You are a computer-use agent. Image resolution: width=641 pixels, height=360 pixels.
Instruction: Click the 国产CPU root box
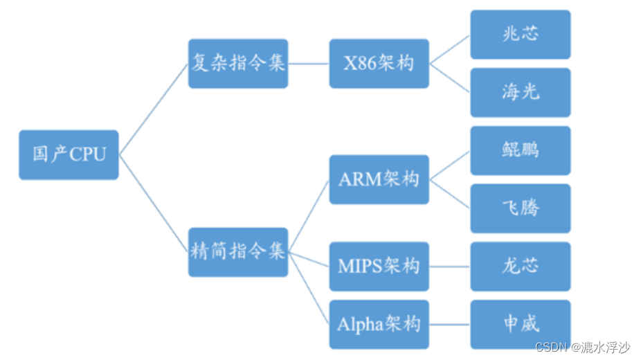[69, 154]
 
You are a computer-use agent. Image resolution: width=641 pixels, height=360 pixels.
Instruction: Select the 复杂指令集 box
[238, 64]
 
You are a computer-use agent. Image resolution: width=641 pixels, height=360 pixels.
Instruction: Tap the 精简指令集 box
[238, 252]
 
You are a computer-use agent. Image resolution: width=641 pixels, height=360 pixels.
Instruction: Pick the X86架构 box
[379, 64]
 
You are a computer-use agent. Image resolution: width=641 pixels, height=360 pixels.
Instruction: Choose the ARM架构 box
[379, 179]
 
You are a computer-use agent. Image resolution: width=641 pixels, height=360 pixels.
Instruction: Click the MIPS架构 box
[379, 266]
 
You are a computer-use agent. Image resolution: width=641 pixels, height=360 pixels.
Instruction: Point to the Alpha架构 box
[379, 324]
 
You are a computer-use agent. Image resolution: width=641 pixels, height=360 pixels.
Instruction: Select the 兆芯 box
[520, 35]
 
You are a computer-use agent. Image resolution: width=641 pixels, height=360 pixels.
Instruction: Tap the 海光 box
[520, 92]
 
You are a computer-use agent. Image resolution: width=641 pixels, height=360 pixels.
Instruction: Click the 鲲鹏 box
[520, 150]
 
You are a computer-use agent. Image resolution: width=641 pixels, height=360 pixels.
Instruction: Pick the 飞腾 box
[520, 208]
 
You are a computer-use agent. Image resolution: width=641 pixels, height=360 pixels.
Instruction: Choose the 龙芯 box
[520, 267]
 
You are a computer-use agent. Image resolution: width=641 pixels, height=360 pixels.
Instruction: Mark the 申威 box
[520, 324]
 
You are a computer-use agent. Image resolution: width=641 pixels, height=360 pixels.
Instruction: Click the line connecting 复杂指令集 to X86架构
[309, 64]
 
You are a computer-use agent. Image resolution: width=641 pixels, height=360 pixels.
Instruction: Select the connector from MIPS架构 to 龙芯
[449, 267]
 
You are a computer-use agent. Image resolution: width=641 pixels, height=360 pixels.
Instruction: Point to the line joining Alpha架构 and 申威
[449, 324]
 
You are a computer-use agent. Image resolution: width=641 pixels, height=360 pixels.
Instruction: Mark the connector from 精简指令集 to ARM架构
[309, 215]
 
